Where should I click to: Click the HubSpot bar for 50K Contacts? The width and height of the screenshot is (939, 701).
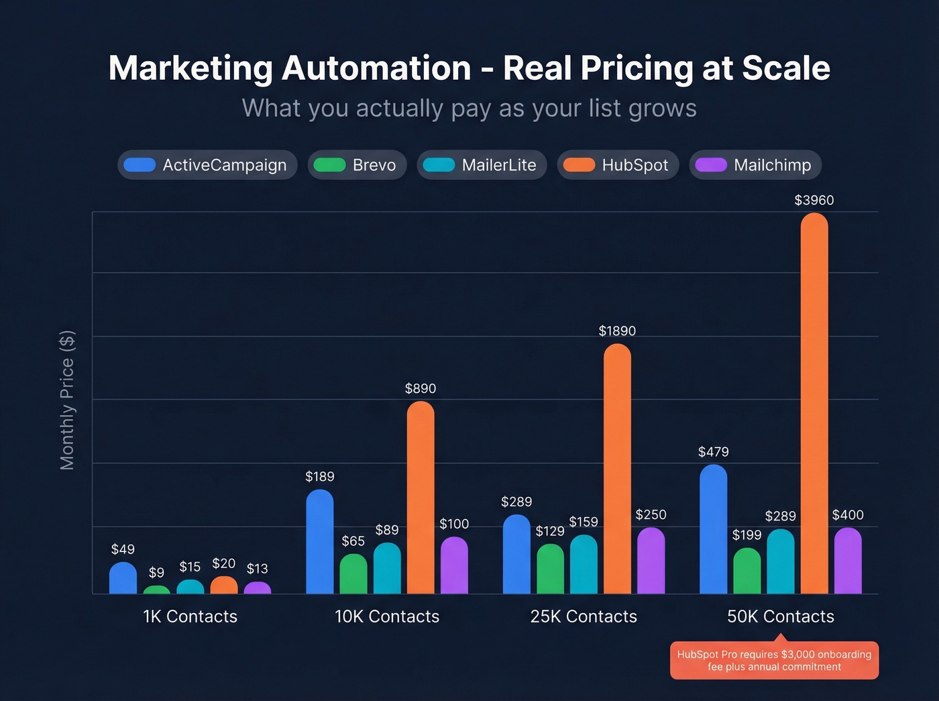click(814, 402)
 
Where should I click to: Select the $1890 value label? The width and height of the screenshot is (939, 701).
click(617, 331)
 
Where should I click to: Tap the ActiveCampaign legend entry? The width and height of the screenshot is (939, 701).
click(207, 165)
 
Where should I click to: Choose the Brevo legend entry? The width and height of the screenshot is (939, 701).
click(357, 165)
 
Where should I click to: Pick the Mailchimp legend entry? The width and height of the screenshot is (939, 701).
click(755, 165)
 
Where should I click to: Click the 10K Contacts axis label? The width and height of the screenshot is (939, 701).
click(387, 616)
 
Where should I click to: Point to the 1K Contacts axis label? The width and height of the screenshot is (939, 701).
click(190, 616)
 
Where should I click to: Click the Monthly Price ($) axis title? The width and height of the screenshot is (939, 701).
click(67, 400)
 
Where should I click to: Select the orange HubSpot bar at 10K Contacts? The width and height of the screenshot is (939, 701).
click(421, 497)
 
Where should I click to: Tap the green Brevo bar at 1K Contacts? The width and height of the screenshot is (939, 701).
click(156, 590)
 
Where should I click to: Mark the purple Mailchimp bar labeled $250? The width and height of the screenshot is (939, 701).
click(651, 560)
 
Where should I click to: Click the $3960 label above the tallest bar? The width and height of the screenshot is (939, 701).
click(814, 200)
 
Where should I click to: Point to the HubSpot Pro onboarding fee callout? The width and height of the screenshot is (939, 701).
click(774, 661)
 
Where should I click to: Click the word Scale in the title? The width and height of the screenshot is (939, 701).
click(786, 68)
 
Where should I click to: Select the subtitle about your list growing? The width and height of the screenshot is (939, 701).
click(469, 108)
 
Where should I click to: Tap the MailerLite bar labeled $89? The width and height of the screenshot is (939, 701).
click(387, 568)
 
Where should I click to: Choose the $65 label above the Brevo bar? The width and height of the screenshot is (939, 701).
click(353, 541)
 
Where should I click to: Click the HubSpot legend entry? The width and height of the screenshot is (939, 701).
click(618, 165)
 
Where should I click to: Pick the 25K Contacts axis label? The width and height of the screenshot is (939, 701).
click(584, 616)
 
